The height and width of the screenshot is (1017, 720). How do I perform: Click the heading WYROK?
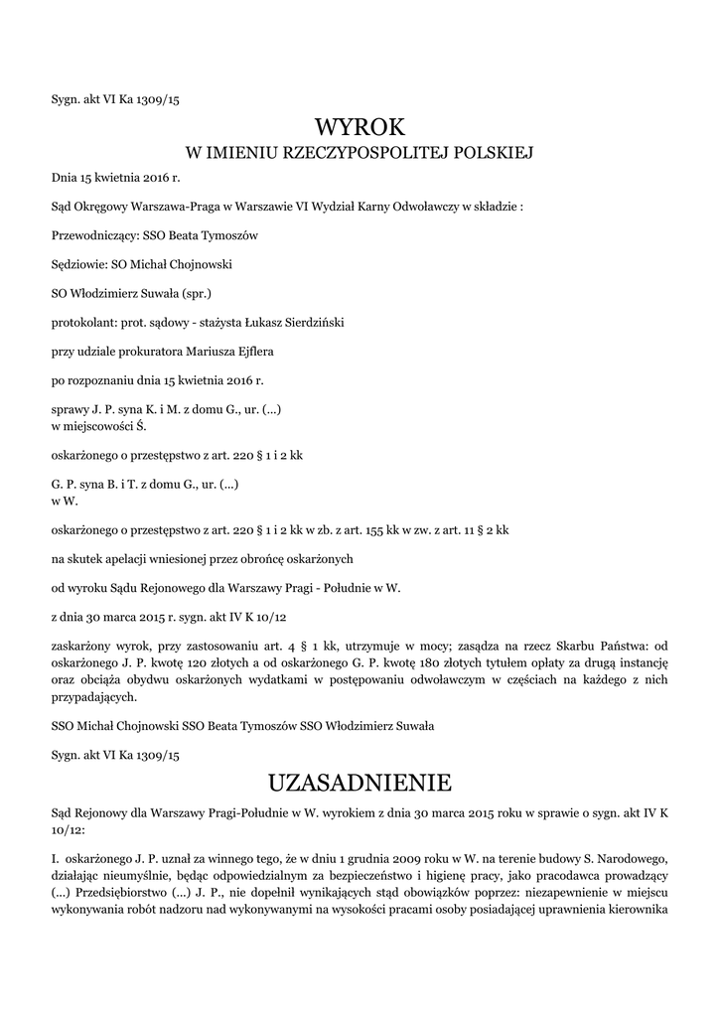(360, 127)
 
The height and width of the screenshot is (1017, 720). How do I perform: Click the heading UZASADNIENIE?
(360, 783)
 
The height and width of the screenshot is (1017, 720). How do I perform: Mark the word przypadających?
(98, 696)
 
